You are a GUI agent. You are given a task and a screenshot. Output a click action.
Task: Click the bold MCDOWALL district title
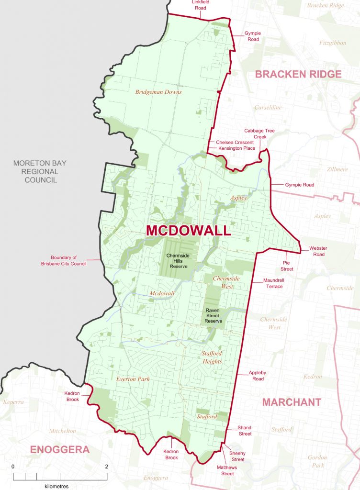(x=188, y=230)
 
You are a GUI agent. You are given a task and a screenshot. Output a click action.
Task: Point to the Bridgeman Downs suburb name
(x=158, y=92)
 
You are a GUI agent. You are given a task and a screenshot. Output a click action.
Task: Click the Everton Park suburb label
(x=133, y=379)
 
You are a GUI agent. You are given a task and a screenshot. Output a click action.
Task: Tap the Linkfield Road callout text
(x=201, y=5)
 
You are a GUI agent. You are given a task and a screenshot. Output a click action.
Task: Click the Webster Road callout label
(x=316, y=251)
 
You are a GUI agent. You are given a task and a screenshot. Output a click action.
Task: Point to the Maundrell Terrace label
(x=273, y=283)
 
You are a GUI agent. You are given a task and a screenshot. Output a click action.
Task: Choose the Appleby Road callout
(x=256, y=376)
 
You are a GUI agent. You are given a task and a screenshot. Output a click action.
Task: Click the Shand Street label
(x=245, y=431)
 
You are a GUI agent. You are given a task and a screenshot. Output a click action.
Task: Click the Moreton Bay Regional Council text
(x=40, y=171)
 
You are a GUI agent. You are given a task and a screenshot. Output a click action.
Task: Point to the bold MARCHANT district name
(x=292, y=402)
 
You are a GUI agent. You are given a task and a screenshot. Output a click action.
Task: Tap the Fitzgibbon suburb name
(x=333, y=43)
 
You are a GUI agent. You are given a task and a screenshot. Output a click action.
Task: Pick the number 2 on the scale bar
(x=106, y=467)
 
